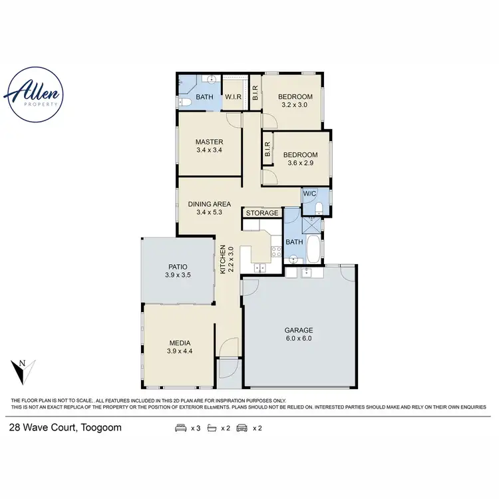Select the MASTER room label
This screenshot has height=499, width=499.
pyautogui.click(x=209, y=146)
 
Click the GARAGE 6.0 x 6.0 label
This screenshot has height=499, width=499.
pyautogui.click(x=299, y=334)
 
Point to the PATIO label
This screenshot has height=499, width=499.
pyautogui.click(x=176, y=270)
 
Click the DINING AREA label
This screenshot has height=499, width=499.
pyautogui.click(x=209, y=208)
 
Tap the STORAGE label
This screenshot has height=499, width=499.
pyautogui.click(x=262, y=213)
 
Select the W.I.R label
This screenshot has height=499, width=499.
pyautogui.click(x=233, y=97)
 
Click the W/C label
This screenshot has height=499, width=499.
pyautogui.click(x=309, y=194)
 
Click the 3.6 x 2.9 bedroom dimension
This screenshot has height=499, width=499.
pyautogui.click(x=300, y=163)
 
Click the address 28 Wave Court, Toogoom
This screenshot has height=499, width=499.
pyautogui.click(x=65, y=428)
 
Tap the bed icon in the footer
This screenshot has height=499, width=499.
pyautogui.click(x=180, y=428)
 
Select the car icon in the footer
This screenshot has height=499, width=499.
pyautogui.click(x=241, y=428)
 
